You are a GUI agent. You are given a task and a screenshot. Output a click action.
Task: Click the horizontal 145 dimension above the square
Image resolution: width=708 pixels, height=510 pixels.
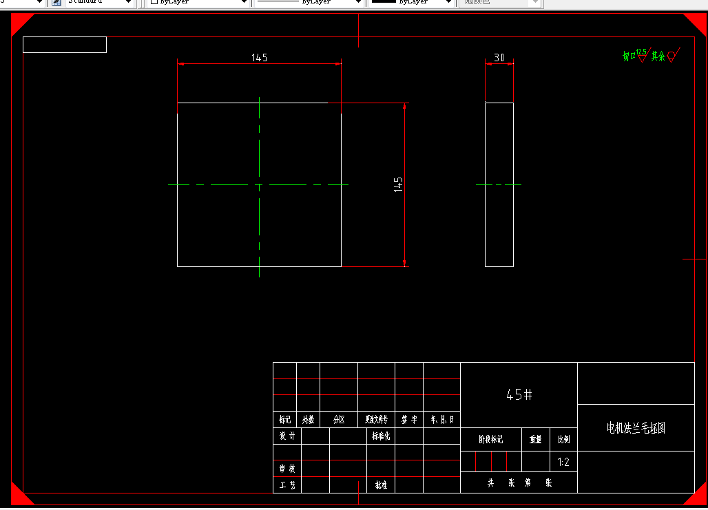click(259, 58)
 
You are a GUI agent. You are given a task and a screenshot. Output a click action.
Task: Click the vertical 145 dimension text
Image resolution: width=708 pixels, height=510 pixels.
click(398, 184)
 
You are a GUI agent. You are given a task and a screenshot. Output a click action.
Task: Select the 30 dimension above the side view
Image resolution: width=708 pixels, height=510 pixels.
click(499, 58)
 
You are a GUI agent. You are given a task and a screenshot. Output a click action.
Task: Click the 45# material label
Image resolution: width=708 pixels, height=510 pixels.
click(519, 394)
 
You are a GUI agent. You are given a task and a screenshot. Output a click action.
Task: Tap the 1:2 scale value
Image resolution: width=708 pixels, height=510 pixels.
click(563, 462)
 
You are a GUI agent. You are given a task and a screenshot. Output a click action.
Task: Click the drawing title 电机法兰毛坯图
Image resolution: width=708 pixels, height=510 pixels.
click(636, 428)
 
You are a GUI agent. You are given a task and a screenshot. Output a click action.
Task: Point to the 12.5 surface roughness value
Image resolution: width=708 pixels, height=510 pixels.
click(642, 52)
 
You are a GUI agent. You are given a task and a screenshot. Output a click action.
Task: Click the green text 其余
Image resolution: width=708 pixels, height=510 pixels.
click(658, 56)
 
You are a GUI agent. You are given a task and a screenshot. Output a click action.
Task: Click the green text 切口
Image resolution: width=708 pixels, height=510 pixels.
click(629, 56)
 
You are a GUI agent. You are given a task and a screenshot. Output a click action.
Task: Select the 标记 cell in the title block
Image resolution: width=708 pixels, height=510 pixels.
click(284, 419)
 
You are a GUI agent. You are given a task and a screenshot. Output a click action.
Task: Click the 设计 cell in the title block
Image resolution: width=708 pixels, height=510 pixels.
click(287, 436)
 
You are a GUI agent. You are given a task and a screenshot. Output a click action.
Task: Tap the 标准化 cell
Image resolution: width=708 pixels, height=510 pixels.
click(381, 436)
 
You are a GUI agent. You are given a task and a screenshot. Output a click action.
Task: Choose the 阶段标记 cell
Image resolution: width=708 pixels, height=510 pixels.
click(491, 440)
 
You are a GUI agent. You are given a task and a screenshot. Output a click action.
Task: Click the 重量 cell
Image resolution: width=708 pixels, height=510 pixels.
click(535, 440)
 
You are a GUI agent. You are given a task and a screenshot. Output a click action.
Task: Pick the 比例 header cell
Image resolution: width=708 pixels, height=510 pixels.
click(563, 440)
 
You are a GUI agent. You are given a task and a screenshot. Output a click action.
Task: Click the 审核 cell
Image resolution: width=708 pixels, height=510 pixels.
click(287, 469)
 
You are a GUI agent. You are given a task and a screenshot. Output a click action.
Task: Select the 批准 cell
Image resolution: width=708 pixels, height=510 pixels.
click(381, 485)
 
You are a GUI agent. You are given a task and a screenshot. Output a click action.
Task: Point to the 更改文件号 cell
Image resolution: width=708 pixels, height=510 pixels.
click(376, 419)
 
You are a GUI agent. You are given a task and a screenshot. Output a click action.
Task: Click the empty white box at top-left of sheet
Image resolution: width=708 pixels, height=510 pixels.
click(65, 45)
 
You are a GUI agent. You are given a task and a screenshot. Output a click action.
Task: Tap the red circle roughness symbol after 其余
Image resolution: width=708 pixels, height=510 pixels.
click(671, 55)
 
